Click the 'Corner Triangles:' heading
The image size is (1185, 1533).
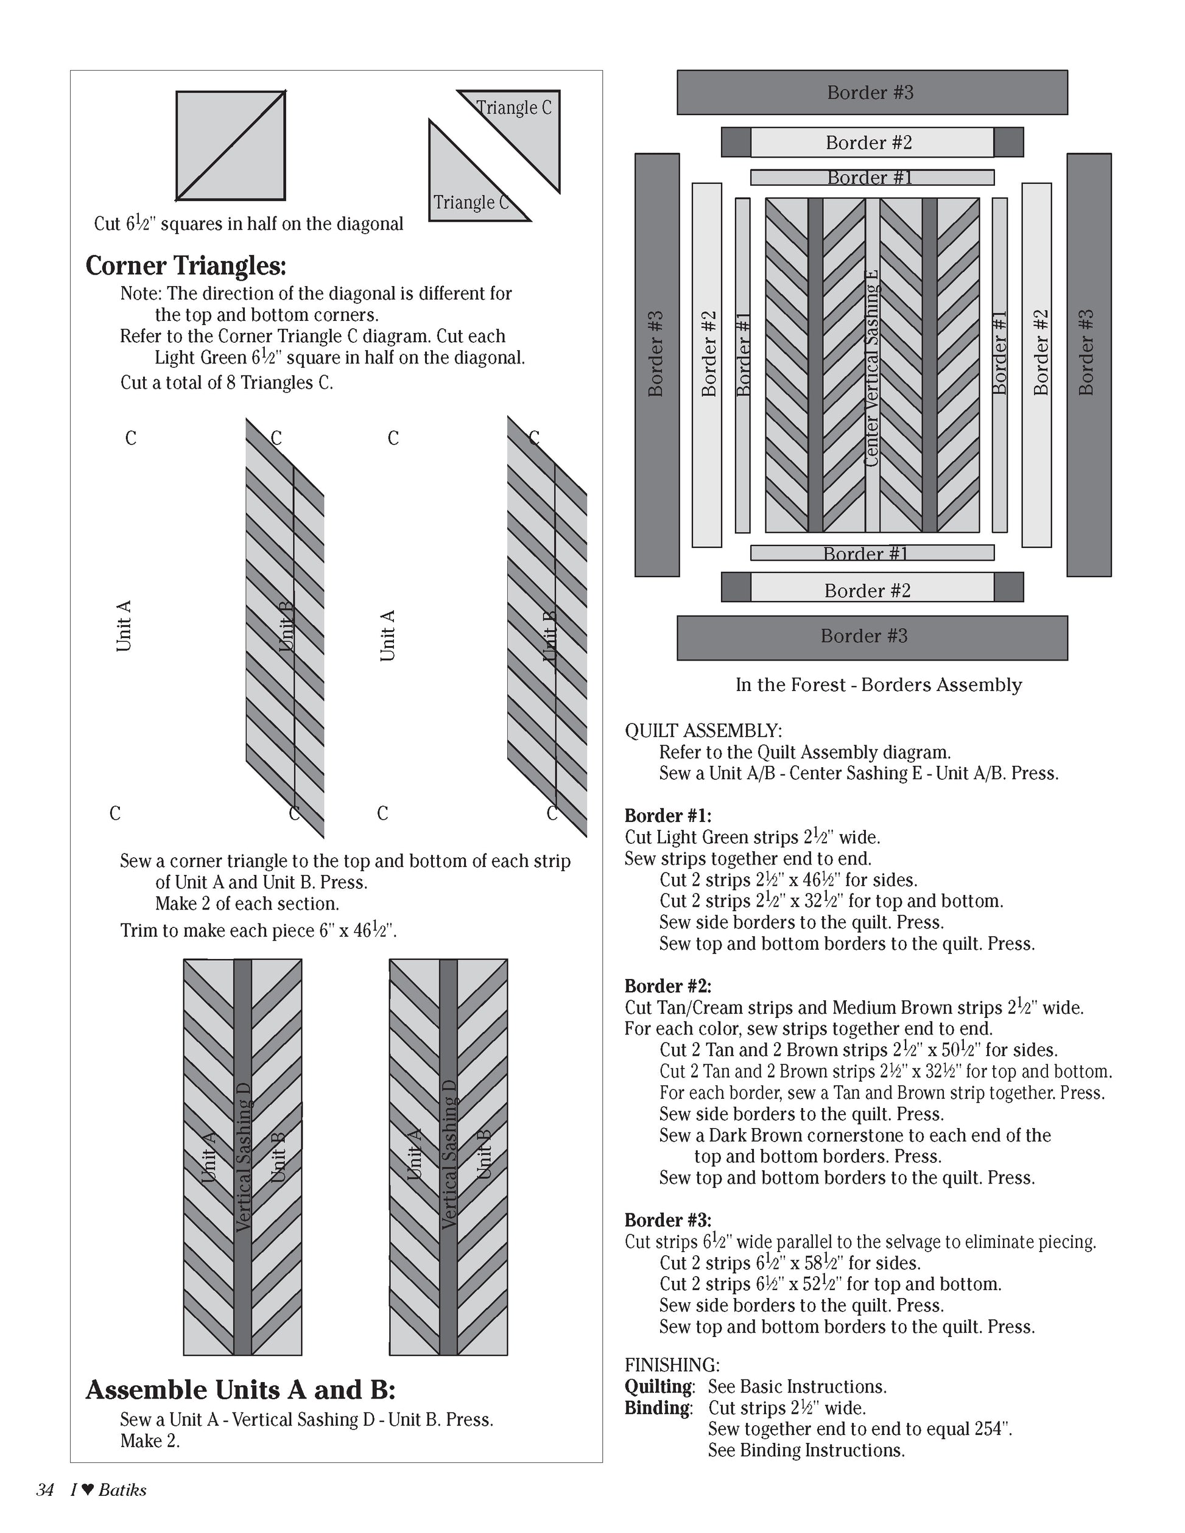[x=186, y=266]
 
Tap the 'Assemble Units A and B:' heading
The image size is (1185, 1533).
[x=240, y=1389]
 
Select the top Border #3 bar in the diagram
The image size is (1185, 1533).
[x=871, y=93]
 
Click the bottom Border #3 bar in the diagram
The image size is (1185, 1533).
[x=871, y=637]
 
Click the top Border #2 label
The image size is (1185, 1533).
[x=868, y=142]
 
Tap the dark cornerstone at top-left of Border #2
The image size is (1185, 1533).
[x=736, y=142]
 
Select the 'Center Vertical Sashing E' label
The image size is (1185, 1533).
[x=872, y=368]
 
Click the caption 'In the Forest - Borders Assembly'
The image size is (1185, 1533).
[x=878, y=685]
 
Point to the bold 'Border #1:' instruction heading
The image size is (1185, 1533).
[x=667, y=816]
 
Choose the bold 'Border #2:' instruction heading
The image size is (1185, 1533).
[x=667, y=986]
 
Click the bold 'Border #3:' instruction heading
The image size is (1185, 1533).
[x=667, y=1220]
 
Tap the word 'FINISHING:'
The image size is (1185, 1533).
[x=672, y=1365]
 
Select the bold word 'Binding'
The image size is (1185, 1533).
[x=657, y=1408]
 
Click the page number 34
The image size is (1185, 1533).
[x=45, y=1490]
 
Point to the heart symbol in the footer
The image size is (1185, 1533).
[x=88, y=1490]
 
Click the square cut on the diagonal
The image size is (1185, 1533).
[x=230, y=146]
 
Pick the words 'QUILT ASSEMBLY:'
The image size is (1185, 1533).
[x=703, y=731]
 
